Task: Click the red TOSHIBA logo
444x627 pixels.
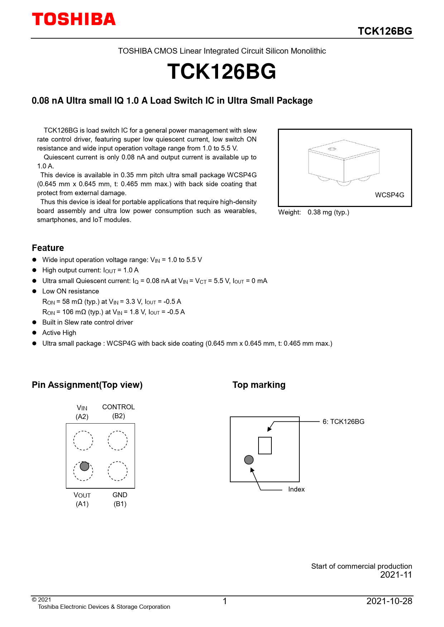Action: [74, 19]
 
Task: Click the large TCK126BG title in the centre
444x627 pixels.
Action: [222, 71]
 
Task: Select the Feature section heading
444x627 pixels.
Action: [48, 248]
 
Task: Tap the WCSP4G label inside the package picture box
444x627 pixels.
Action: [389, 195]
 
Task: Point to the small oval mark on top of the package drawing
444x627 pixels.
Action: [332, 149]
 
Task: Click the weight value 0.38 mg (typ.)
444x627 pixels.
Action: [328, 212]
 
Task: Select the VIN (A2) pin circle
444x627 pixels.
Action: [83, 440]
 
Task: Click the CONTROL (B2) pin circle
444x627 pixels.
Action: [118, 440]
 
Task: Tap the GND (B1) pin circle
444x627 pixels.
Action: [118, 471]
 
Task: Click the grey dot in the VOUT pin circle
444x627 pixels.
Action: [85, 466]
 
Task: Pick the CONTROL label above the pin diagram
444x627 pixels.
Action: [119, 407]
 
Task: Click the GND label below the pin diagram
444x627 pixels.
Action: [120, 495]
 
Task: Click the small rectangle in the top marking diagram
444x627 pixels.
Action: [265, 445]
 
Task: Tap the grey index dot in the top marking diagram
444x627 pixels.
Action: [249, 460]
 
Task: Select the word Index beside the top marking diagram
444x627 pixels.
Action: [296, 489]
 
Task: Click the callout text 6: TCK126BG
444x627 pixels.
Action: [343, 422]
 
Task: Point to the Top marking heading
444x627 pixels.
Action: [259, 385]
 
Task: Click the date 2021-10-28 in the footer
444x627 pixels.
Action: [389, 601]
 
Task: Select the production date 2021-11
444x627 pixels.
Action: [396, 575]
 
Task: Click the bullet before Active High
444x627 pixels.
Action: [34, 333]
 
